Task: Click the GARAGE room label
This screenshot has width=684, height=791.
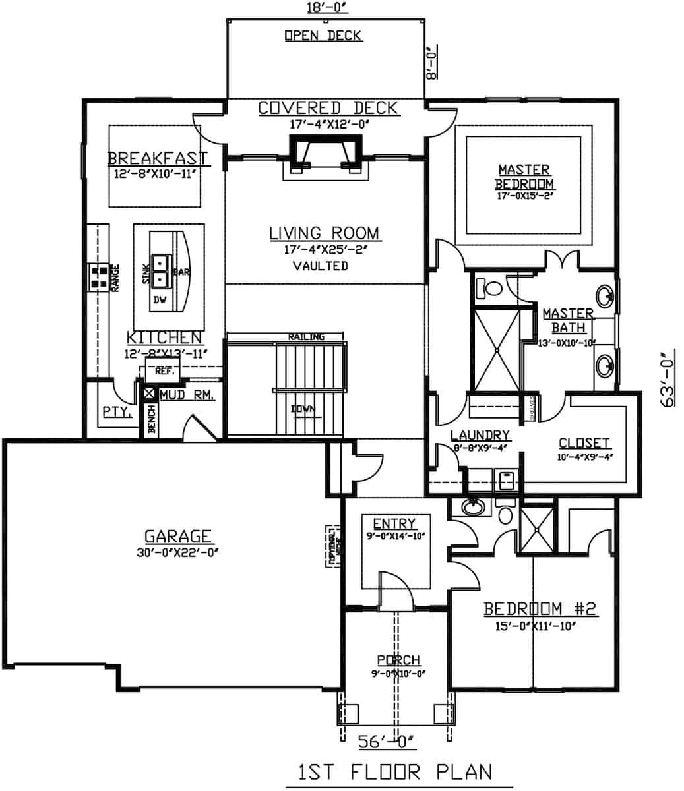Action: click(178, 537)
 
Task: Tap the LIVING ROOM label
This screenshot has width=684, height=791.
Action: click(324, 233)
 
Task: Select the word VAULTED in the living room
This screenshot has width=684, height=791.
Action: click(320, 266)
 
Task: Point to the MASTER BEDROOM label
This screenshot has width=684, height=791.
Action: click(524, 177)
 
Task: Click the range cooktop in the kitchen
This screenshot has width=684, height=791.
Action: click(100, 277)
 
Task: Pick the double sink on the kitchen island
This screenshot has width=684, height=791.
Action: click(161, 271)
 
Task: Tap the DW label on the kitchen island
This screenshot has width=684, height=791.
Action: click(160, 300)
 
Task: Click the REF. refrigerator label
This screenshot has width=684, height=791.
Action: click(164, 371)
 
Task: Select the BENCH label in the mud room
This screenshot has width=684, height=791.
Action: click(151, 420)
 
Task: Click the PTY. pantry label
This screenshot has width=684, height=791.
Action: click(117, 412)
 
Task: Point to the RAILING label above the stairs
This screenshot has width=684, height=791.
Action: click(306, 337)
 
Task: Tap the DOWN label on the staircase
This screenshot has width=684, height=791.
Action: click(303, 409)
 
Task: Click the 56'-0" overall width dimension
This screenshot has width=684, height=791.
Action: click(386, 742)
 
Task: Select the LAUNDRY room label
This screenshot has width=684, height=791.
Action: click(480, 435)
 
